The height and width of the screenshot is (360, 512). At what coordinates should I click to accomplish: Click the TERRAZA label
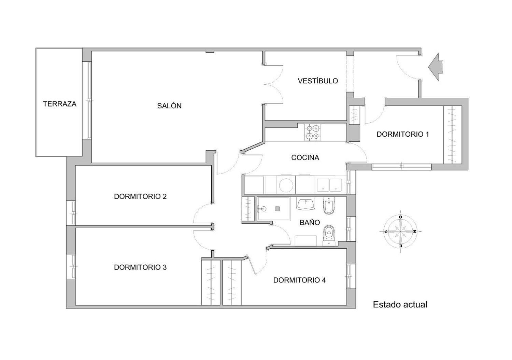point(60,104)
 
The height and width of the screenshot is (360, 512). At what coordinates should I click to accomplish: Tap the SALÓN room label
point(169,106)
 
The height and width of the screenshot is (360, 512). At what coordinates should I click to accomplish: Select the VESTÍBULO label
point(318,81)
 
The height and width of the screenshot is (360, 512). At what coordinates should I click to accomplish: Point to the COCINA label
point(305,157)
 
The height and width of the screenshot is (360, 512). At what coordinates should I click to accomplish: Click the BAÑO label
point(310,222)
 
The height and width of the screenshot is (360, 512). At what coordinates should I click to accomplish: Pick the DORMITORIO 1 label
point(403,134)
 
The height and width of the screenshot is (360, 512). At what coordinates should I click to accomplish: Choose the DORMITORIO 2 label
point(140,196)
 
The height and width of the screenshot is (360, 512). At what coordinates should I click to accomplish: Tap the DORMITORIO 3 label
point(140,267)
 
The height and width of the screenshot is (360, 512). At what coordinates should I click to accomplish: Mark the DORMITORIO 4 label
point(299,280)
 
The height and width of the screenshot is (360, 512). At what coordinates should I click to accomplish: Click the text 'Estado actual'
point(400,305)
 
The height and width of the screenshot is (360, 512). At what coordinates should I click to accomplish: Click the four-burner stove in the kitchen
point(312,133)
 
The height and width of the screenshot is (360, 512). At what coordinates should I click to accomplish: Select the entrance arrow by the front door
point(436,67)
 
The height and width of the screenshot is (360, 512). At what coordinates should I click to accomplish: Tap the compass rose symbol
point(400,232)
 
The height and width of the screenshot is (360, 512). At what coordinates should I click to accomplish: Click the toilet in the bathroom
point(329,236)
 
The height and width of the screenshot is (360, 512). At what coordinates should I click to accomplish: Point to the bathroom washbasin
point(305,204)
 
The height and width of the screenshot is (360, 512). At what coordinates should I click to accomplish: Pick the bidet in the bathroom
point(329,206)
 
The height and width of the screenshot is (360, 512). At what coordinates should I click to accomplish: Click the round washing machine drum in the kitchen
point(286,185)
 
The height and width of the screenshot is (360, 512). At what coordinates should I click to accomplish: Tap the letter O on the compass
point(400,217)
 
